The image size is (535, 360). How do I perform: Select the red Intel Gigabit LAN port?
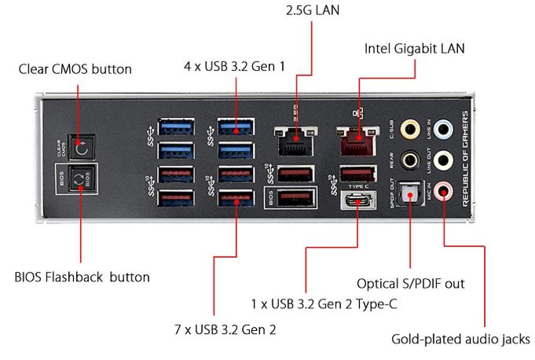click(355, 139)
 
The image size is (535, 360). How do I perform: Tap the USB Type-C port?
click(356, 201)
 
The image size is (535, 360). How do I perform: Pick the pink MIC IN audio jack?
click(445, 189)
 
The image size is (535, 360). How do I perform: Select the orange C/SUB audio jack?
click(409, 127)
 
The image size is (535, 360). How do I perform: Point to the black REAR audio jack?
click(409, 160)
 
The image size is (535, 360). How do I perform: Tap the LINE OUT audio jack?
click(445, 160)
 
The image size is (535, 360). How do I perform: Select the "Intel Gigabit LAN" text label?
click(415, 49)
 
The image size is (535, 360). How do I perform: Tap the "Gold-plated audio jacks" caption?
click(460, 340)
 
